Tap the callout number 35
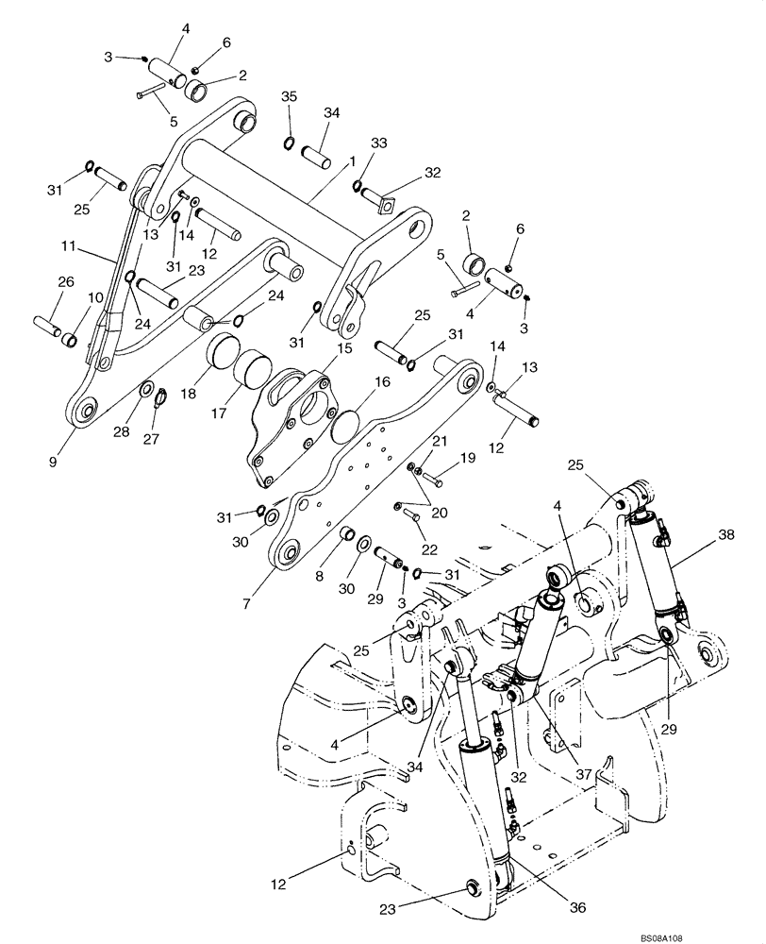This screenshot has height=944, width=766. (289, 97)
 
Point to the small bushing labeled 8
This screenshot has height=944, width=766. (345, 534)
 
